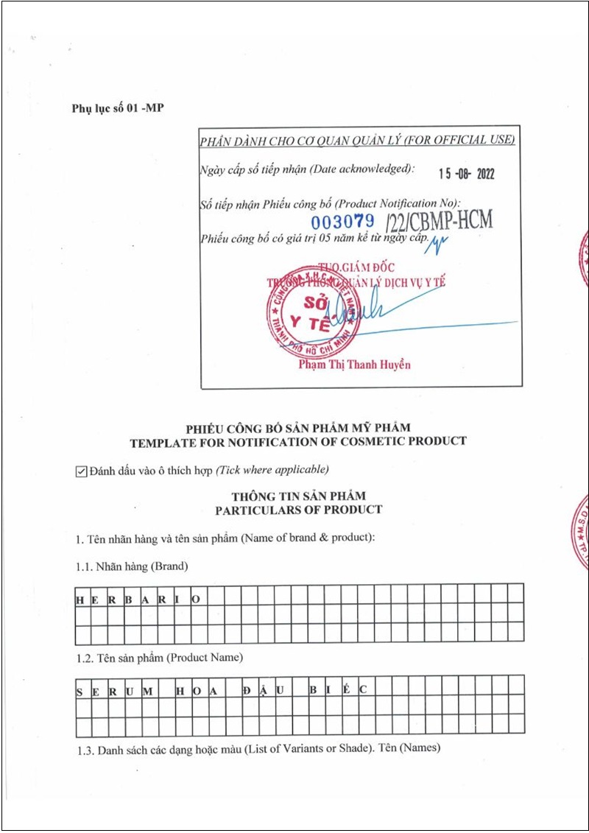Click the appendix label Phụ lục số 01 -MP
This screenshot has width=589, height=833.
pyautogui.click(x=118, y=108)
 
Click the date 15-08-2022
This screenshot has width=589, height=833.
pyautogui.click(x=466, y=174)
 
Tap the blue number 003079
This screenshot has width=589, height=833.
pyautogui.click(x=342, y=221)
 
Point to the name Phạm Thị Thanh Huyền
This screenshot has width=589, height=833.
pyautogui.click(x=355, y=364)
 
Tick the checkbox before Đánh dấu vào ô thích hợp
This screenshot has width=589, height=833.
pyautogui.click(x=82, y=471)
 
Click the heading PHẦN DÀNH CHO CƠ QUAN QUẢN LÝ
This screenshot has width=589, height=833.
pyautogui.click(x=357, y=140)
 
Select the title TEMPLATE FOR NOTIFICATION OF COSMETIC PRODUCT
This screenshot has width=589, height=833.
pyautogui.click(x=298, y=441)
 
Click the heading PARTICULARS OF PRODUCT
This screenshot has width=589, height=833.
pyautogui.click(x=298, y=510)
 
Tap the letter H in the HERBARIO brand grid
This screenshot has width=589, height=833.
pyautogui.click(x=80, y=600)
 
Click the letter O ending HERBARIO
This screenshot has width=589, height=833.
pyautogui.click(x=196, y=600)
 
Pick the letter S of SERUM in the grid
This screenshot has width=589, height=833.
pyautogui.click(x=80, y=692)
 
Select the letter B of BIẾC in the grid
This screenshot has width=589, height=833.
pyautogui.click(x=314, y=692)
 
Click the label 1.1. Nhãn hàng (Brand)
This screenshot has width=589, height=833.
pyautogui.click(x=132, y=566)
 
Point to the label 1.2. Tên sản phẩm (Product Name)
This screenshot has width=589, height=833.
pyautogui.click(x=159, y=657)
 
